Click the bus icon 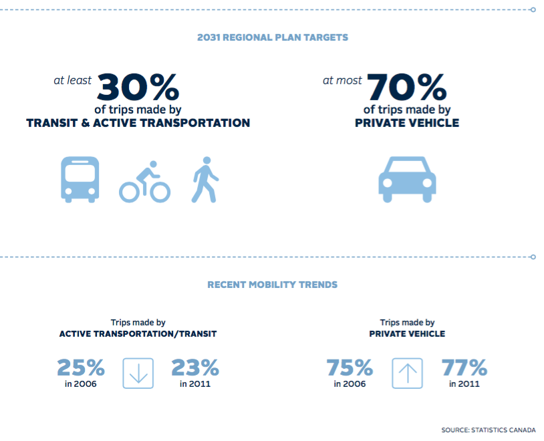click(80, 179)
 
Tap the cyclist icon click(145, 182)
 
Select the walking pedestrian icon click(205, 180)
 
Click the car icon click(407, 178)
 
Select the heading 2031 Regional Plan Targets click(273, 37)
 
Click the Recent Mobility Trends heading click(273, 285)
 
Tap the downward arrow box click(138, 373)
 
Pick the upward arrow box click(407, 373)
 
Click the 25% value click(81, 367)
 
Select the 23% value click(195, 367)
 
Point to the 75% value click(350, 367)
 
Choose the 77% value click(464, 367)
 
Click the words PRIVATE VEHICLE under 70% click(407, 123)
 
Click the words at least click(73, 80)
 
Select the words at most click(342, 80)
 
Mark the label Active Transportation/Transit click(138, 333)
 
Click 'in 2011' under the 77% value click(464, 384)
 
